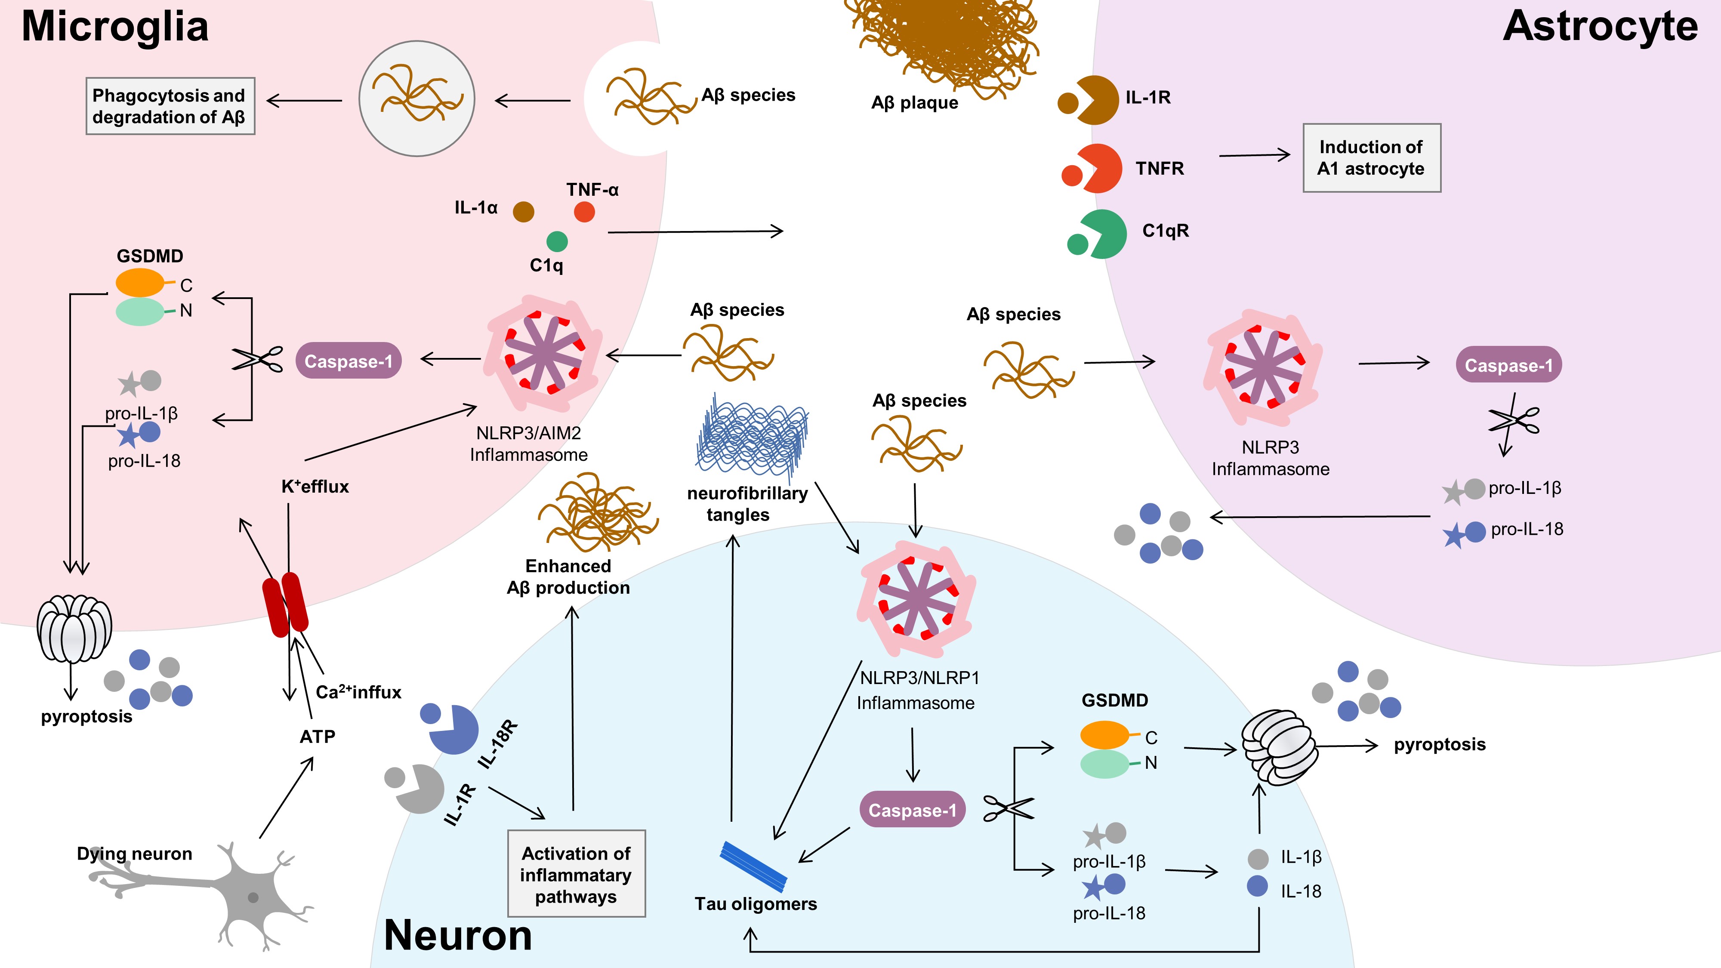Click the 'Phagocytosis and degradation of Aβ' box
point(170,106)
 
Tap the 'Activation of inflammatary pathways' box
point(576,874)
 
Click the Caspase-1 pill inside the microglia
point(348,361)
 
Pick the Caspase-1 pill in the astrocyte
point(1508,365)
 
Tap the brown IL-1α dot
point(523,212)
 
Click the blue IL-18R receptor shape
point(453,729)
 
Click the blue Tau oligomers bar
point(753,866)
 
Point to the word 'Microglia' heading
point(115,27)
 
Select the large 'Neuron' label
point(458,935)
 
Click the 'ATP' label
point(318,736)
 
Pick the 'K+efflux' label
point(315,486)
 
